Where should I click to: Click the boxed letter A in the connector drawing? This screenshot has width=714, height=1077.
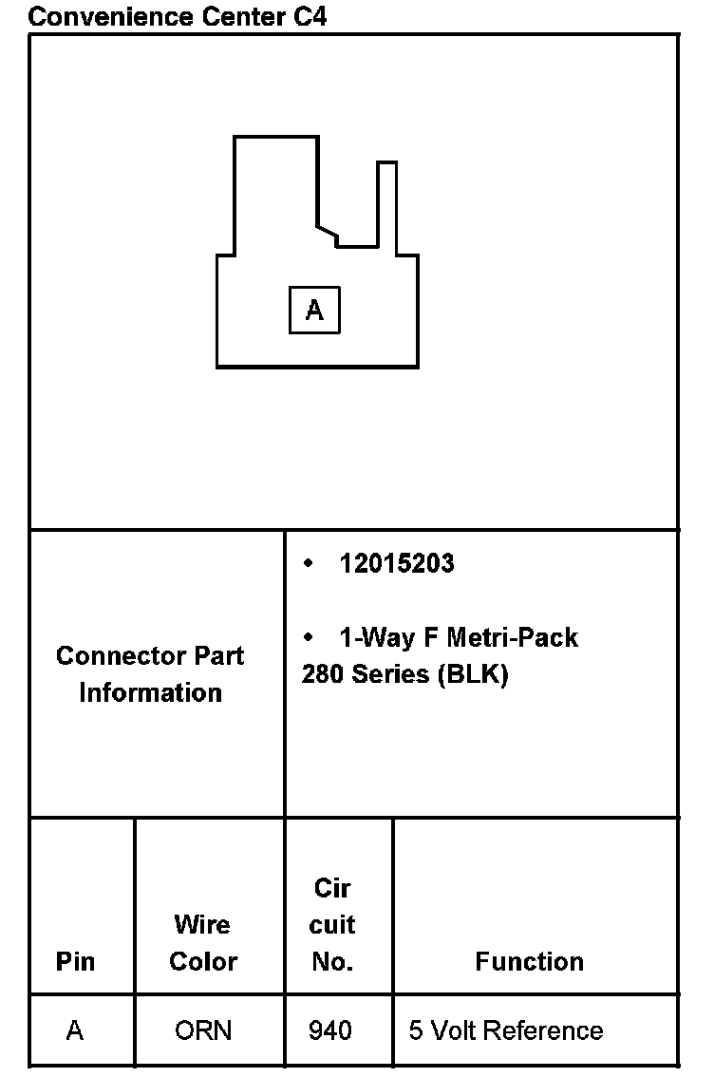click(x=314, y=310)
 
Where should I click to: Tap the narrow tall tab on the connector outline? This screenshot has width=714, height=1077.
click(x=386, y=204)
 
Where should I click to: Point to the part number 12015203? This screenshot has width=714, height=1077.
click(x=397, y=563)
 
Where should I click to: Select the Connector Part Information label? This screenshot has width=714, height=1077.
click(x=150, y=673)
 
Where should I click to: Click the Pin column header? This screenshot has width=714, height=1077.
click(x=75, y=961)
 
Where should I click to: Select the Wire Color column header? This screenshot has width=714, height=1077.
click(x=202, y=942)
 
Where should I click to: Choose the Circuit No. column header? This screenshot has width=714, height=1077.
click(x=332, y=924)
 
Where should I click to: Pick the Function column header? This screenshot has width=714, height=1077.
click(x=529, y=961)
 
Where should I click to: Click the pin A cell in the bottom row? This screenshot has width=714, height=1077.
click(x=75, y=1030)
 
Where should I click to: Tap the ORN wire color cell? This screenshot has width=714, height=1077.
click(x=203, y=1030)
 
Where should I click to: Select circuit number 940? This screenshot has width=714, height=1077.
click(x=330, y=1030)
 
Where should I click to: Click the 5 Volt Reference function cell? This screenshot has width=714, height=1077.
click(x=506, y=1030)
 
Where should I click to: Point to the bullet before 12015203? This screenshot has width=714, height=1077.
click(x=308, y=563)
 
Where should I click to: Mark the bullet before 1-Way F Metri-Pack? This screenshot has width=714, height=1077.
click(x=308, y=636)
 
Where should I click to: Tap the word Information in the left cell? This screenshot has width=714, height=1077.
click(x=150, y=692)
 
